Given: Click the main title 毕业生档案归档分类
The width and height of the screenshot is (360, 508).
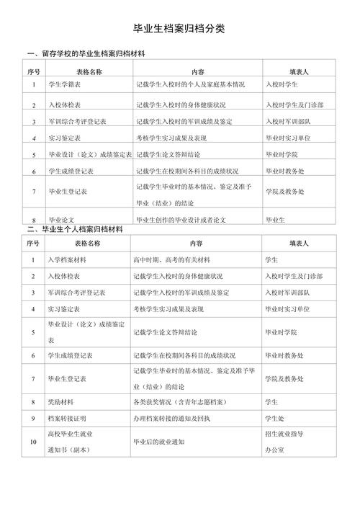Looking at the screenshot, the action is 179,29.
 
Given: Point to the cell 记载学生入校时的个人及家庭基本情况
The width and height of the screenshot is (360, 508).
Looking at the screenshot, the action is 190,84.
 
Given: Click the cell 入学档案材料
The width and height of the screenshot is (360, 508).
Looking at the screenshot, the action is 66,259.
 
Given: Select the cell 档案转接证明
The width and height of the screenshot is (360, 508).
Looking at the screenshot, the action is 66,417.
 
